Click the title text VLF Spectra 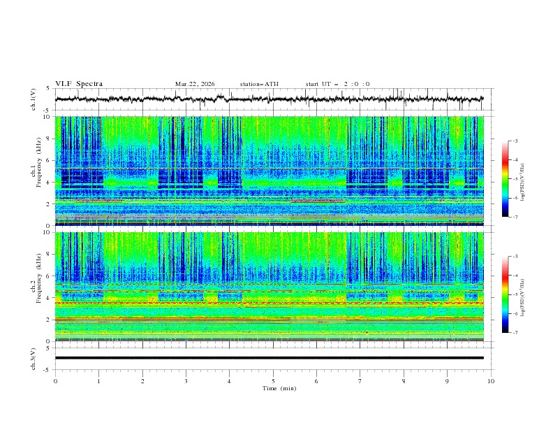click(79, 84)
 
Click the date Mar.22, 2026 click(195, 84)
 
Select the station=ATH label click(259, 84)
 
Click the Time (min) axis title click(273, 387)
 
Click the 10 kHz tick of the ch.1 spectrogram click(47, 117)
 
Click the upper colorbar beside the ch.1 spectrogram click(505, 178)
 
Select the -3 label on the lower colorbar click(515, 257)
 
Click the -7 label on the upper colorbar click(515, 217)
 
